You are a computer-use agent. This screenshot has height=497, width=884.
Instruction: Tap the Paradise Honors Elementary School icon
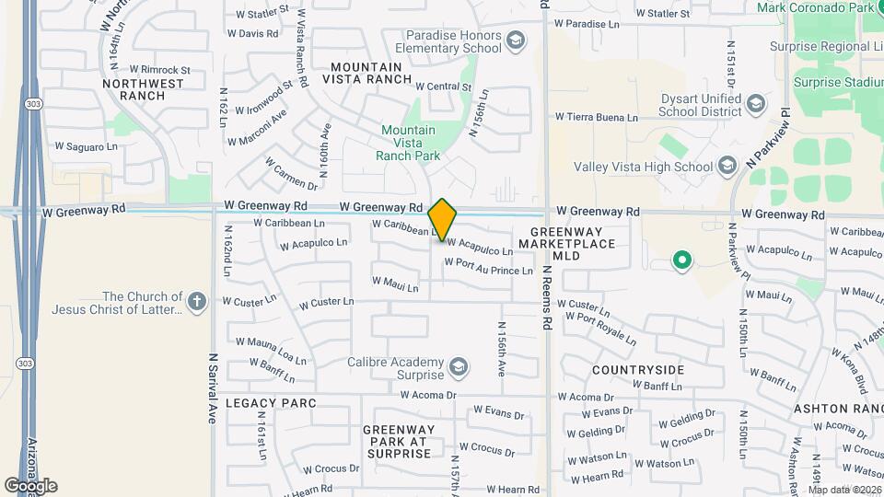[x=516, y=40]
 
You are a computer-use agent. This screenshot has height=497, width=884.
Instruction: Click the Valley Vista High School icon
[x=727, y=167]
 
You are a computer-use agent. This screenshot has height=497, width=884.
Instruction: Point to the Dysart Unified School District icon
[x=757, y=103]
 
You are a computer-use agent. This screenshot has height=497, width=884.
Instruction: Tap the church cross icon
[x=196, y=302]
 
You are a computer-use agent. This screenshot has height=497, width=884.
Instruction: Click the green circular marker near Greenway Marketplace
[x=682, y=261]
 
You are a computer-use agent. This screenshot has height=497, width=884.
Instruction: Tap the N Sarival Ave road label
[x=211, y=387]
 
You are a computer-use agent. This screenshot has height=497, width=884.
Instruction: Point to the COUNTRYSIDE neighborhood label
[x=638, y=370]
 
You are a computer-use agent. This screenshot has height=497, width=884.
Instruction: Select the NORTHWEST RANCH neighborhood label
[x=143, y=89]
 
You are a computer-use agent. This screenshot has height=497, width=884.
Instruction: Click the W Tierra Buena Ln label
[x=596, y=118]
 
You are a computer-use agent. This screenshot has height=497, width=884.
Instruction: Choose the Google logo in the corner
[x=30, y=485]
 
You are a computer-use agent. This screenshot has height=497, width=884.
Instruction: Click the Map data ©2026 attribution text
[x=843, y=490]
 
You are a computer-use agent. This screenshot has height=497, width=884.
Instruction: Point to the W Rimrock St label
[x=159, y=69]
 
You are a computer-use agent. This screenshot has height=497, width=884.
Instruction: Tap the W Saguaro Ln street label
[x=87, y=145]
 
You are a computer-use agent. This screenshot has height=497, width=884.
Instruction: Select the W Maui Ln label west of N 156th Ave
[x=395, y=284]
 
